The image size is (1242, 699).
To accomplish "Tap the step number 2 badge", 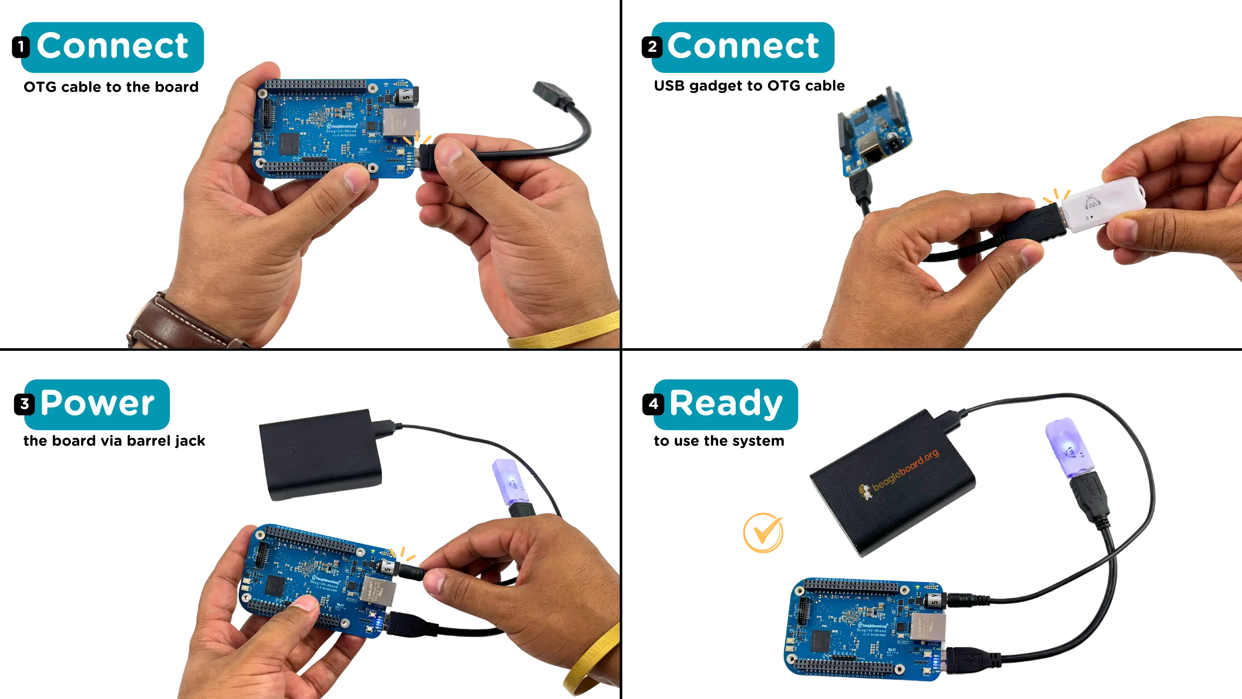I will pyautogui.click(x=652, y=47).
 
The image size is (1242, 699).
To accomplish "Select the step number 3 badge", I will pyautogui.click(x=25, y=404).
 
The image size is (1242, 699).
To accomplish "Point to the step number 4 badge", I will pyautogui.click(x=654, y=403).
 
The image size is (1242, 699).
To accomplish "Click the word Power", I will pyautogui.click(x=97, y=403).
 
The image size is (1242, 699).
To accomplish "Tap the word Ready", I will pyautogui.click(x=726, y=403).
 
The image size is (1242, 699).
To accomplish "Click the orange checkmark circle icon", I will pyautogui.click(x=763, y=532).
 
